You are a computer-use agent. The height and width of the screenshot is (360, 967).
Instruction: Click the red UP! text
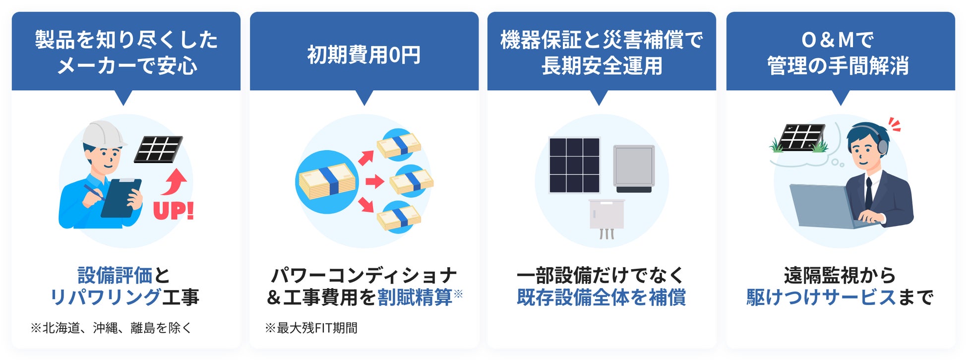point(173,211)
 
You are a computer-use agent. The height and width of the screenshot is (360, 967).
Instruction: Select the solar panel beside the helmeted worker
point(158,149)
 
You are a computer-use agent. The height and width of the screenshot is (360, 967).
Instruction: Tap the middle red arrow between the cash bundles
point(375,181)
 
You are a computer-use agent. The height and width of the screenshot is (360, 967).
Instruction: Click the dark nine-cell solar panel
point(574,165)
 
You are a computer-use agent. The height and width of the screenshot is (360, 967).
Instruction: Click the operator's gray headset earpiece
point(883,146)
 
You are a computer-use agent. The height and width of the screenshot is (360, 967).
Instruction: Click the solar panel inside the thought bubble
point(800,137)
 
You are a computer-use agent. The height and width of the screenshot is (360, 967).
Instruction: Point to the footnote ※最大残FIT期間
point(311,328)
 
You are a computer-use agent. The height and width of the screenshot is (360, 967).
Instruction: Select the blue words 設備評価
point(115,275)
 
